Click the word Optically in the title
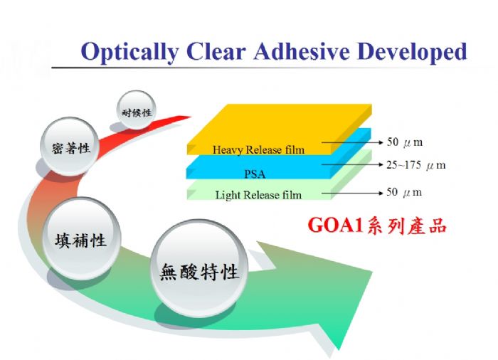pos(129,52)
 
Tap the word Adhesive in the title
pos(302,51)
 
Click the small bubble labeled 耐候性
pos(137,110)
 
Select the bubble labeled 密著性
pos(70,147)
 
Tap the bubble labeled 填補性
pos(82,238)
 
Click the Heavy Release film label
pos(258,149)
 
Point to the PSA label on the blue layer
pos(255,174)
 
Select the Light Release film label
pos(258,195)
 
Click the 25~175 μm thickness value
pos(416,165)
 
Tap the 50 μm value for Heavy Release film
pos(405,142)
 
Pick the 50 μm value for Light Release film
pos(404,192)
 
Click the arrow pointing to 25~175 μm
pos(353,164)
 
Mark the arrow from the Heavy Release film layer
pos(353,142)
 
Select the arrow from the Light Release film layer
pos(353,193)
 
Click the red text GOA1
pos(335,225)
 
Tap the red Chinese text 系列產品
pos(406,226)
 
